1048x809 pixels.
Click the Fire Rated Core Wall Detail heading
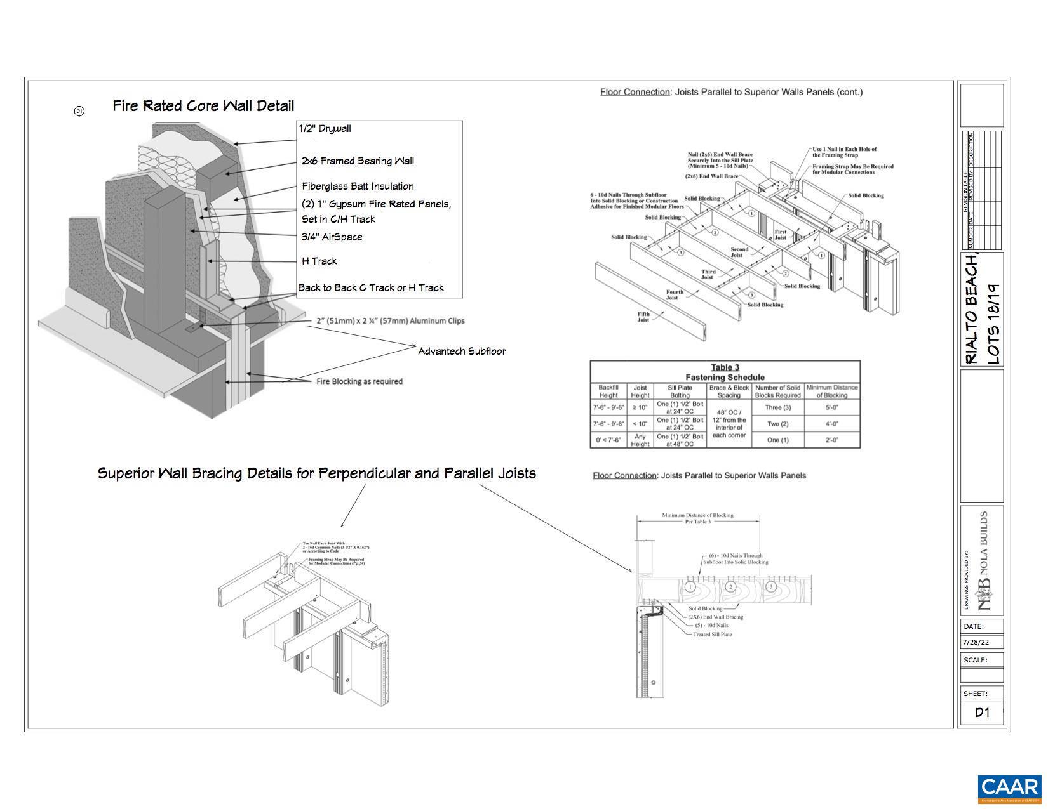[x=203, y=105]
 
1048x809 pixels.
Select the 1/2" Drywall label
[x=325, y=129]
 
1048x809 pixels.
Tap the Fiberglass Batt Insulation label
[x=358, y=186]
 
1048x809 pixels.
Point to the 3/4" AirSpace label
[x=332, y=237]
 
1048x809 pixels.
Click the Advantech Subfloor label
[x=462, y=351]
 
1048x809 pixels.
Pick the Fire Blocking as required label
[x=359, y=381]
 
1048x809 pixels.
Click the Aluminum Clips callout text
[x=390, y=321]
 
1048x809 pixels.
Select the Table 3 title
[x=725, y=367]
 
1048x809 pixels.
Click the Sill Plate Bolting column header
[x=680, y=391]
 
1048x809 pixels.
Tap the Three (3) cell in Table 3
[x=777, y=407]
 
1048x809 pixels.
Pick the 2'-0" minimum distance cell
[x=832, y=440]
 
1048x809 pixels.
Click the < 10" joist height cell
[x=640, y=424]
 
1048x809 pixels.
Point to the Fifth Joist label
[x=643, y=317]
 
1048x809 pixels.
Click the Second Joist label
[x=739, y=252]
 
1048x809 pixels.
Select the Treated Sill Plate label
[x=712, y=634]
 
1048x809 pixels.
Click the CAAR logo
[x=1009, y=789]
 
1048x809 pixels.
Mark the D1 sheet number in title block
[x=982, y=713]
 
